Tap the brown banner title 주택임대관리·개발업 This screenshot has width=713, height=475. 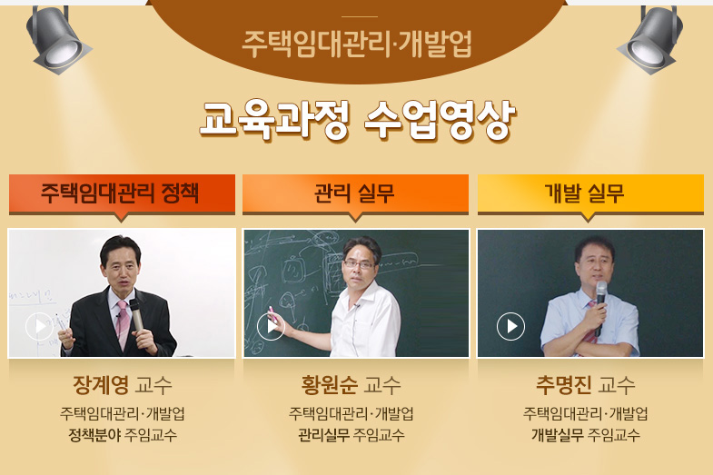(357, 45)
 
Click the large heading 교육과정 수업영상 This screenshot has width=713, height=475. (358, 120)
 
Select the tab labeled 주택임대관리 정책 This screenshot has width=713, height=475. (122, 193)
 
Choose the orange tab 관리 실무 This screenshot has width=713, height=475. (355, 193)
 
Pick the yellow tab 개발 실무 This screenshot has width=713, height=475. (590, 193)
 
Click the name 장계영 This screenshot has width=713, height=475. (101, 385)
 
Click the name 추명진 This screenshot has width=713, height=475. (564, 385)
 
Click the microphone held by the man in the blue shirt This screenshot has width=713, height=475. (600, 305)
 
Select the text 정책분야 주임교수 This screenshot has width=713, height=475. (123, 435)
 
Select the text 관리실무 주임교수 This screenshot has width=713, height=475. (351, 435)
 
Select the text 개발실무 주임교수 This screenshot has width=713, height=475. (586, 435)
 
